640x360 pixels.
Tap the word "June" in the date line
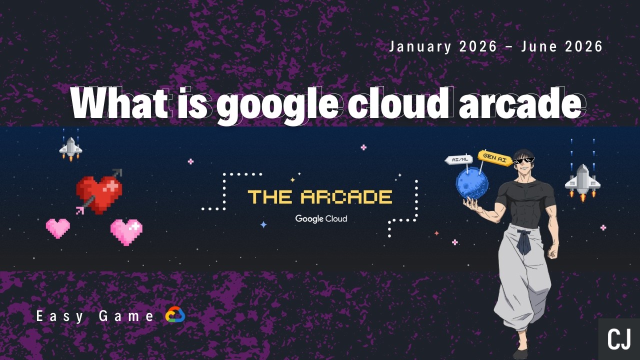pyautogui.click(x=539, y=46)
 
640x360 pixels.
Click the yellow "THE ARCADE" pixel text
pyautogui.click(x=320, y=196)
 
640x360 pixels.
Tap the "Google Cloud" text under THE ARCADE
pyautogui.click(x=321, y=218)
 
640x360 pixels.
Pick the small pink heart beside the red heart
pyautogui.click(x=58, y=228)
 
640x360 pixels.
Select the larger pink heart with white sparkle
pyautogui.click(x=126, y=232)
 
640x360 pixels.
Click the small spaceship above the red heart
pyautogui.click(x=70, y=148)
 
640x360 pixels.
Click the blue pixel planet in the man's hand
pyautogui.click(x=471, y=183)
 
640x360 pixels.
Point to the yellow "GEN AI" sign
pyautogui.click(x=494, y=157)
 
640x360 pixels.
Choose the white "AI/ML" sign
pyautogui.click(x=459, y=160)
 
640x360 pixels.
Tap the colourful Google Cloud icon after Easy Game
pyautogui.click(x=175, y=315)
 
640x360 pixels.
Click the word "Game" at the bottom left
pyautogui.click(x=126, y=316)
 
